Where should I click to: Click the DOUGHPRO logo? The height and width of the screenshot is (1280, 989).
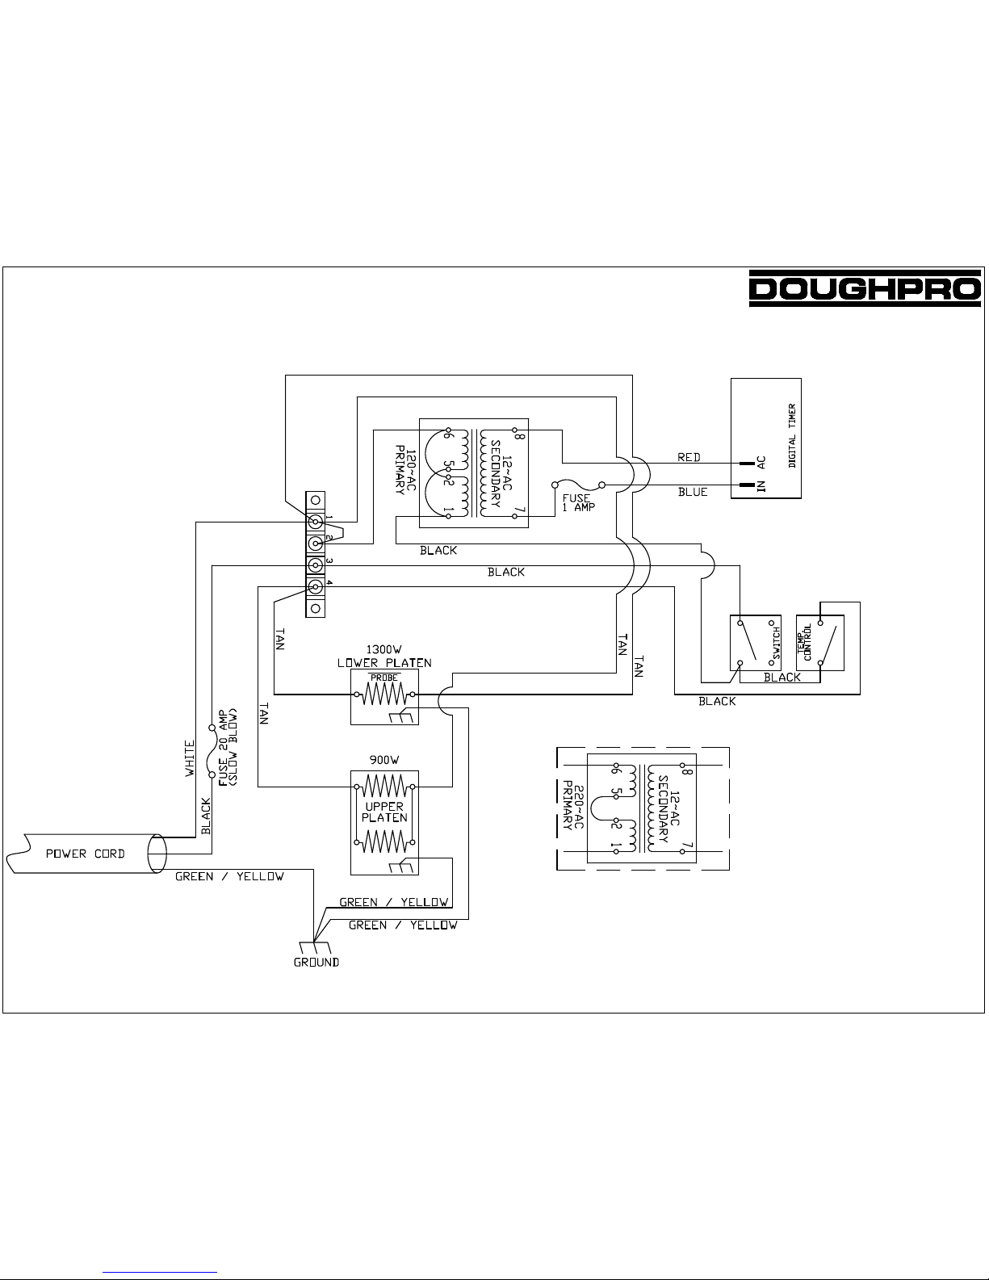pos(865,288)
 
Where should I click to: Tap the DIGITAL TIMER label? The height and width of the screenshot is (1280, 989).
pos(792,435)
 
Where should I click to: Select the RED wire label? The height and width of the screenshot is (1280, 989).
pos(689,457)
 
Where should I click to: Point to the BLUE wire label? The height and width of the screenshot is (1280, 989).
pos(693,492)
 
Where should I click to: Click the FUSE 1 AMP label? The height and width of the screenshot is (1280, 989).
pos(579,502)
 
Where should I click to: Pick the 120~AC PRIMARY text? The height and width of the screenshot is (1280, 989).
pos(405,470)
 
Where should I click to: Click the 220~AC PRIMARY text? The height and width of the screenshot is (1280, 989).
pos(574,805)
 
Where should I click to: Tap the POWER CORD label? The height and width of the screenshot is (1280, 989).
pos(86,854)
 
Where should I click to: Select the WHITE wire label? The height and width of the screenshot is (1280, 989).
pos(190,758)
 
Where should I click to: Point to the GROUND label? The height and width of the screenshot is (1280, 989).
pos(316,962)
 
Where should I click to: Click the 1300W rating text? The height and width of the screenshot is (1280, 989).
pos(383,649)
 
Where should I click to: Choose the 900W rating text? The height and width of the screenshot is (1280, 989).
pos(383,760)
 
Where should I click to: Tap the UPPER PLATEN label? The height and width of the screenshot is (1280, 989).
pos(384,812)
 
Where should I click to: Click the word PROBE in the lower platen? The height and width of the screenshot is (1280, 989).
pos(384,678)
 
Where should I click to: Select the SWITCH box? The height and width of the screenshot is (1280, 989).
pos(756,643)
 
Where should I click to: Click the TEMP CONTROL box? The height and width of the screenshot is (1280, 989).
pos(820,643)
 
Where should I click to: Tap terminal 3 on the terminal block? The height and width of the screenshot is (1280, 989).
pos(316,565)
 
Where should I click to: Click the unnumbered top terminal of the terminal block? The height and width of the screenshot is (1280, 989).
pos(316,500)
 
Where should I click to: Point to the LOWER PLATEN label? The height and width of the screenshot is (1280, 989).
pos(384,663)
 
